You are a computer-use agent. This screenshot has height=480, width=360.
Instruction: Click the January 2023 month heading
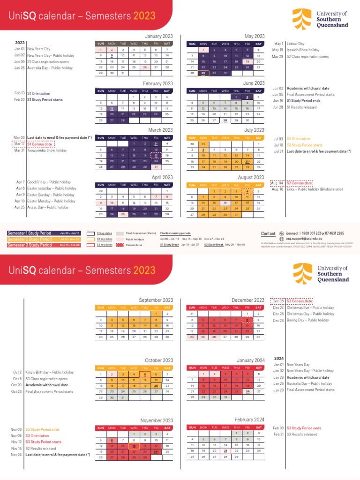(x=159, y=36)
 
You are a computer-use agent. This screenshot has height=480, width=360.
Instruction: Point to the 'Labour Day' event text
(x=295, y=43)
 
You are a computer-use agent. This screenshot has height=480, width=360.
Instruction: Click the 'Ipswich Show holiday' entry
(x=303, y=50)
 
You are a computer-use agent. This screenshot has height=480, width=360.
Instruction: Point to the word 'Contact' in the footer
(x=268, y=233)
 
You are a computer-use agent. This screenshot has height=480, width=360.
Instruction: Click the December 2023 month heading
(x=248, y=300)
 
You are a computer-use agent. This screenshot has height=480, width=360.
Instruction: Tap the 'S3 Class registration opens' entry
(x=46, y=379)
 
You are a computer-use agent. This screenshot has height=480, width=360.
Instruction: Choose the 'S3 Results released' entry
(x=302, y=435)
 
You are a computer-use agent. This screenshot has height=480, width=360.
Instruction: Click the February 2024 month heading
(x=250, y=419)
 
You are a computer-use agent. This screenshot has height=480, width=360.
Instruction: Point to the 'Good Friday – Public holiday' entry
(x=49, y=182)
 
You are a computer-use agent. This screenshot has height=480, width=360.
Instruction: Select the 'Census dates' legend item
(x=134, y=245)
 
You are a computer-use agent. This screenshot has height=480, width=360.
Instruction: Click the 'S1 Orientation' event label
(x=38, y=93)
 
